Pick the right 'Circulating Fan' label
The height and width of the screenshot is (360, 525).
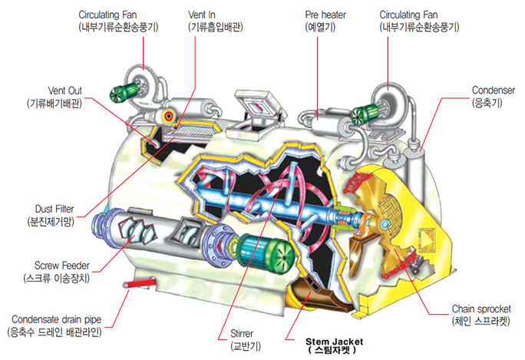pyautogui.click(x=419, y=15)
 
